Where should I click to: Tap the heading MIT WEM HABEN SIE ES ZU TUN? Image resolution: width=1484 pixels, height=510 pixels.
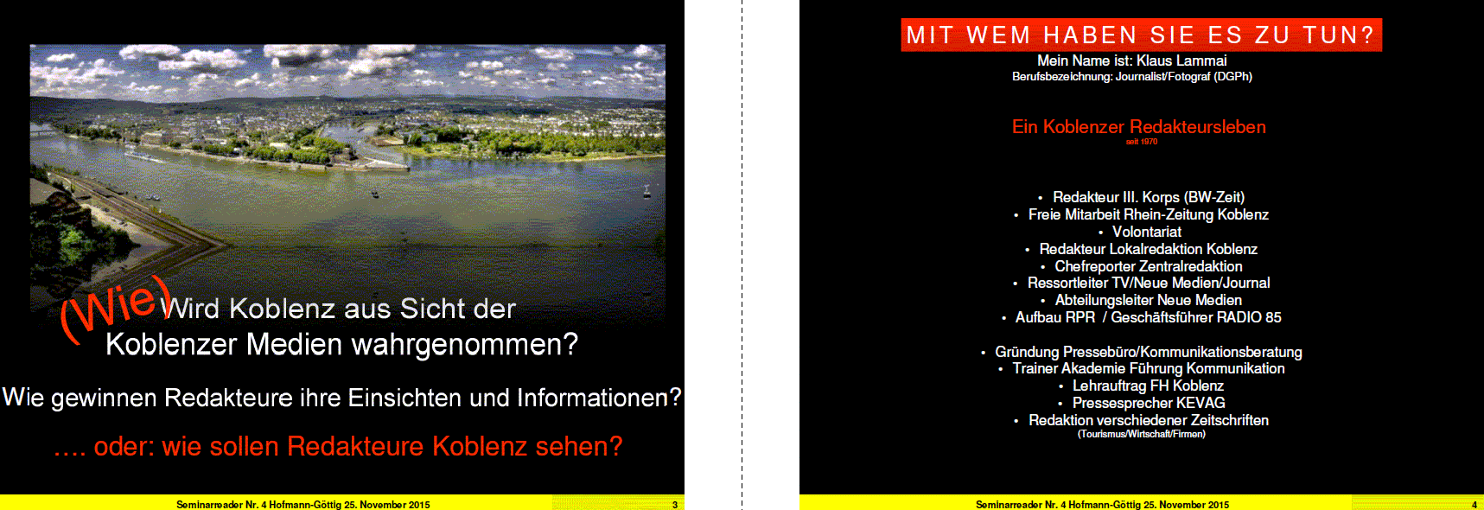tap(1141, 35)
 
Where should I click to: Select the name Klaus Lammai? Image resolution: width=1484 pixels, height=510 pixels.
tap(1181, 61)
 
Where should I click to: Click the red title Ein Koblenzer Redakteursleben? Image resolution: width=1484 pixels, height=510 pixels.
tap(1139, 127)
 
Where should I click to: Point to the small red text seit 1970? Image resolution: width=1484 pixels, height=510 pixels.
tap(1142, 142)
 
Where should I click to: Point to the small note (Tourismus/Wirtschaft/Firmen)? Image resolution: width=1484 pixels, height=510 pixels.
tap(1141, 434)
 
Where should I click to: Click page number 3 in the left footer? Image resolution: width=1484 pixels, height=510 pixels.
tap(675, 505)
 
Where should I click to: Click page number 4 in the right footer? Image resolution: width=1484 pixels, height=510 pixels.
tap(1474, 505)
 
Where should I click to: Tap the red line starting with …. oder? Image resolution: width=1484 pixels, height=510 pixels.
tap(338, 446)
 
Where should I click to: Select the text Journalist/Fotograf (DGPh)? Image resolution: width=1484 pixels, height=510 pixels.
tap(1184, 77)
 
